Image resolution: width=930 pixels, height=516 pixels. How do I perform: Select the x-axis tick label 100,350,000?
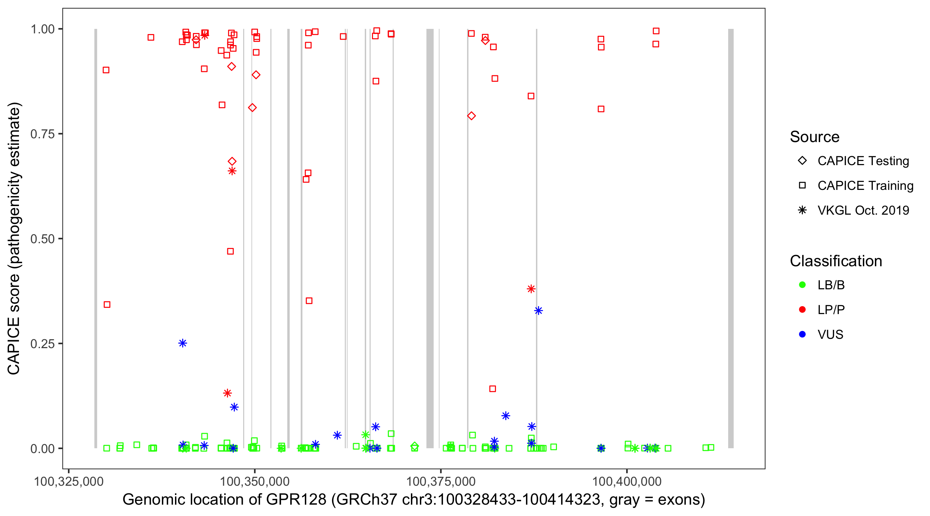pos(255,481)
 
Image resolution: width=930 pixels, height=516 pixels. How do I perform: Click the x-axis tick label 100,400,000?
pos(627,481)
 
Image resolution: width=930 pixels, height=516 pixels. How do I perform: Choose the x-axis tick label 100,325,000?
pos(69,481)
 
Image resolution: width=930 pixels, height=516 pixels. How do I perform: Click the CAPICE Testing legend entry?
pos(863,161)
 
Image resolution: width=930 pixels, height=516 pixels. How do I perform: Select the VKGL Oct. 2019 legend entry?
pos(863,210)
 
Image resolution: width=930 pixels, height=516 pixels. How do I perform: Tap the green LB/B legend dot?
pos(802,285)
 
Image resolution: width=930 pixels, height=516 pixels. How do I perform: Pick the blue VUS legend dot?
pos(802,334)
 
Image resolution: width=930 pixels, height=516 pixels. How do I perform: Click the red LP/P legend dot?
pos(802,310)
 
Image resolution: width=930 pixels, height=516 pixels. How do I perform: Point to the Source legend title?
pos(815,137)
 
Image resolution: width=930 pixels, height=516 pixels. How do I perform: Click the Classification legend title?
pos(836,261)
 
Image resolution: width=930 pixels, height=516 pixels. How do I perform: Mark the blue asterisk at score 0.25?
pos(183,343)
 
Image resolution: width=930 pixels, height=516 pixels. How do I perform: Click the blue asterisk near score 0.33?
pos(538,311)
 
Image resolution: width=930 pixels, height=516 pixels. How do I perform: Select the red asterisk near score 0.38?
pos(531,289)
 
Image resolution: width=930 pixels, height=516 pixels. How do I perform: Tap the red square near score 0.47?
pos(230,251)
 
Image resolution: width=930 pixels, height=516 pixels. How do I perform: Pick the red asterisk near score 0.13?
pos(227,393)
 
